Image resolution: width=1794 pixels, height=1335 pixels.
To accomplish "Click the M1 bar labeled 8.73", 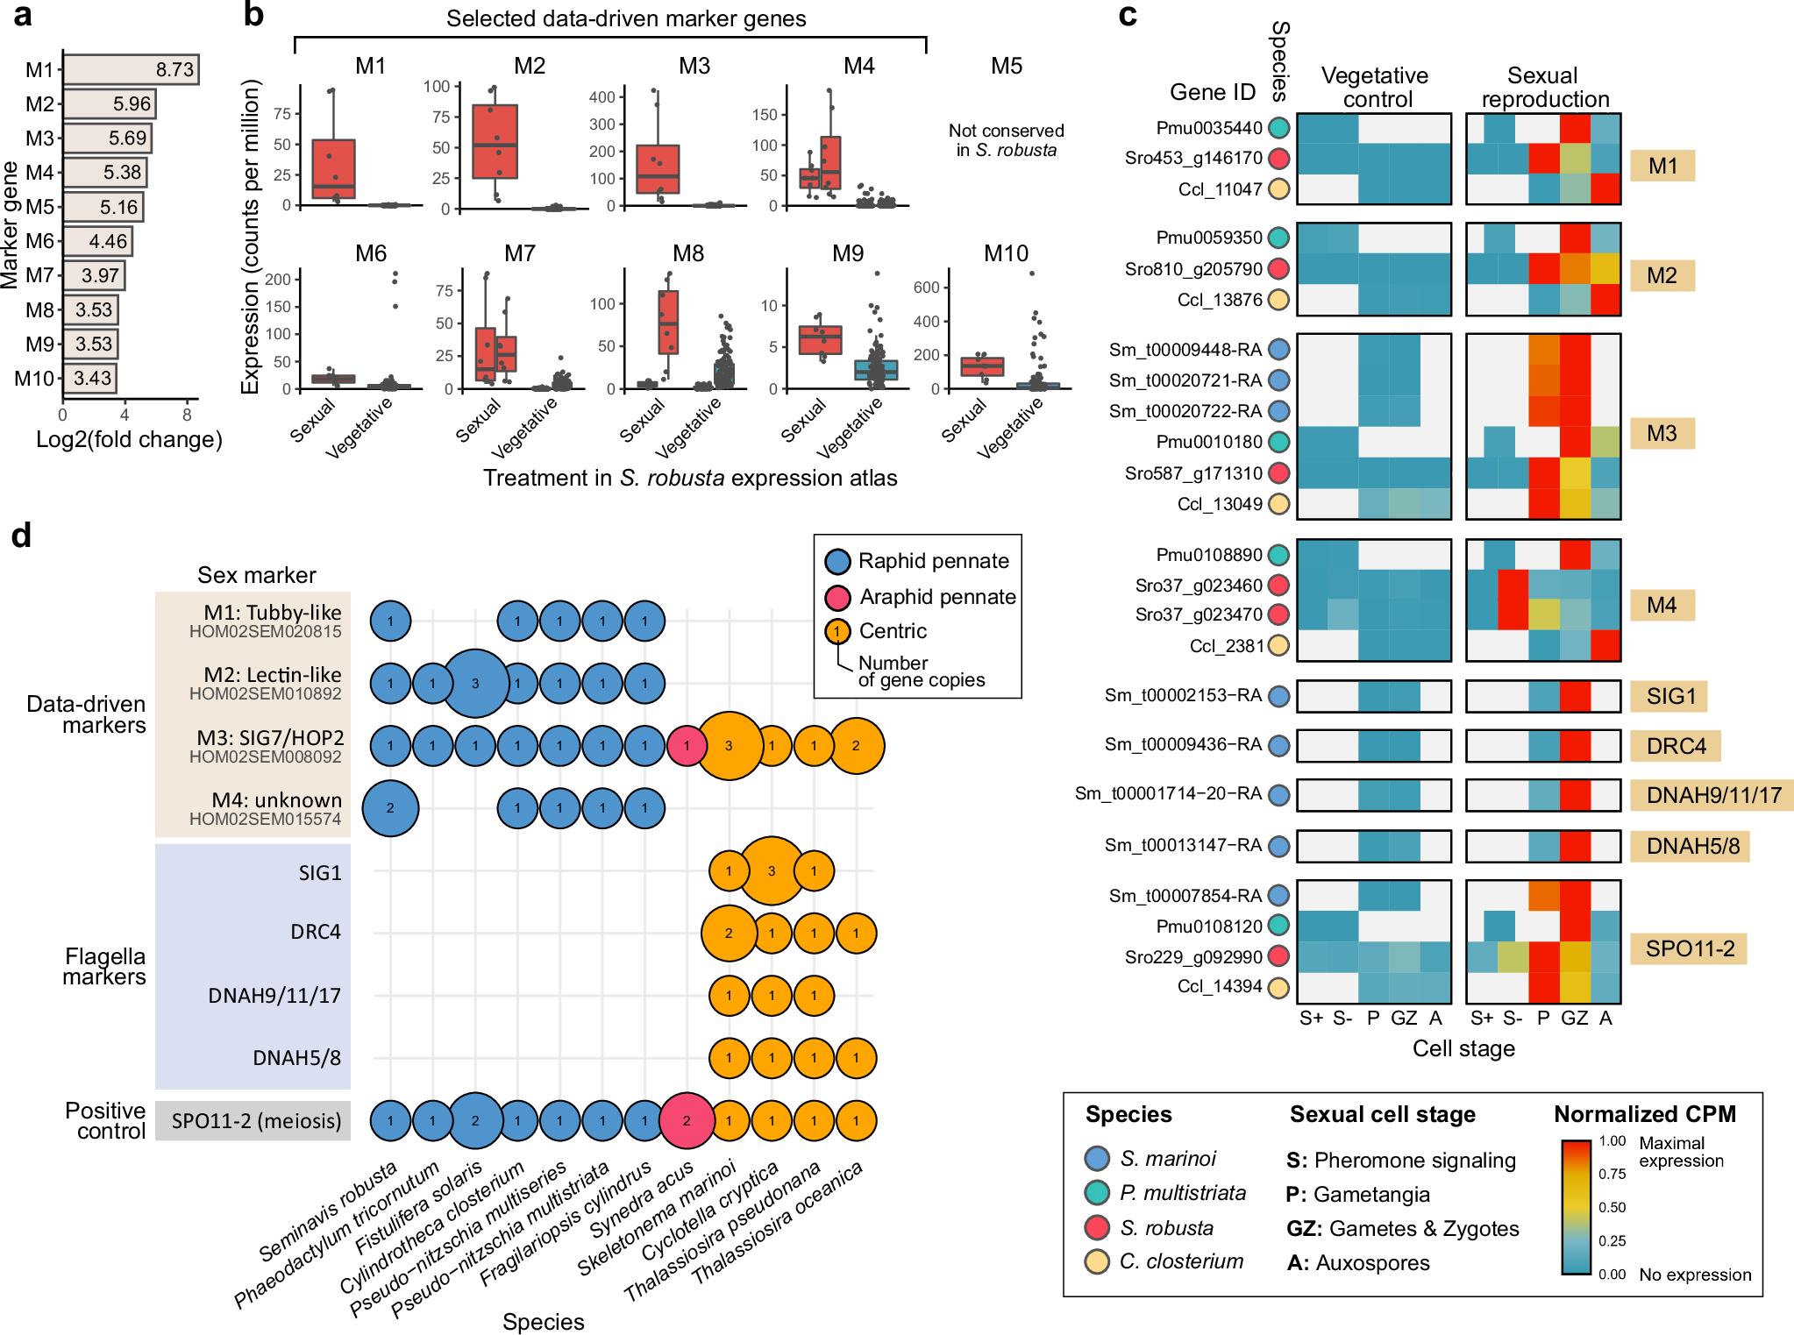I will tap(131, 69).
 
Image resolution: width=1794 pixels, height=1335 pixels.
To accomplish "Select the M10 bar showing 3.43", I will tap(89, 378).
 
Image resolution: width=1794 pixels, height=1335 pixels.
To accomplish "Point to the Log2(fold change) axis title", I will tap(129, 439).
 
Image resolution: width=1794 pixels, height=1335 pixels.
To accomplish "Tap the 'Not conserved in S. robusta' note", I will tap(1006, 140).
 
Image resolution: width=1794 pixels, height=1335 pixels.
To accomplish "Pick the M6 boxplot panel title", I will tap(371, 253).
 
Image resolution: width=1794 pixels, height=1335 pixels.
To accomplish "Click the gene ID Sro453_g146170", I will tap(1192, 158).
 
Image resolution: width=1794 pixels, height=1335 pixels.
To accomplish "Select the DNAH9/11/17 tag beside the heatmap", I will tap(1712, 795).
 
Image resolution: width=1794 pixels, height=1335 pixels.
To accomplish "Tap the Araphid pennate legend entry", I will tap(936, 597).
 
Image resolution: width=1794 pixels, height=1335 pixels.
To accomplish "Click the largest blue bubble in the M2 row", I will tap(474, 684).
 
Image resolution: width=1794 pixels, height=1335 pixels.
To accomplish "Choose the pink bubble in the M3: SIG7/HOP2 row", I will tap(687, 746).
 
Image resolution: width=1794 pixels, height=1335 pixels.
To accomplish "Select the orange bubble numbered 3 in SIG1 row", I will tap(772, 871).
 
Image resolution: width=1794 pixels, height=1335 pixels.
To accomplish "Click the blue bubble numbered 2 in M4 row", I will tap(390, 808).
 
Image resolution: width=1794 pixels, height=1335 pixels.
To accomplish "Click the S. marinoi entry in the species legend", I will tap(1167, 1159).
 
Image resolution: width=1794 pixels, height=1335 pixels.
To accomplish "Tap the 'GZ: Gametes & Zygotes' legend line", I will tap(1402, 1228).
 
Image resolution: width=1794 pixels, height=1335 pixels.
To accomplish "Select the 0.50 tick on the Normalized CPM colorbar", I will tap(1612, 1207).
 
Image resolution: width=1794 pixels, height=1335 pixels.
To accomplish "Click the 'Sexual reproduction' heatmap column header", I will tap(1544, 88).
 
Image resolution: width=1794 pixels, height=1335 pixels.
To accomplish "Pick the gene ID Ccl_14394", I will tap(1219, 986).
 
